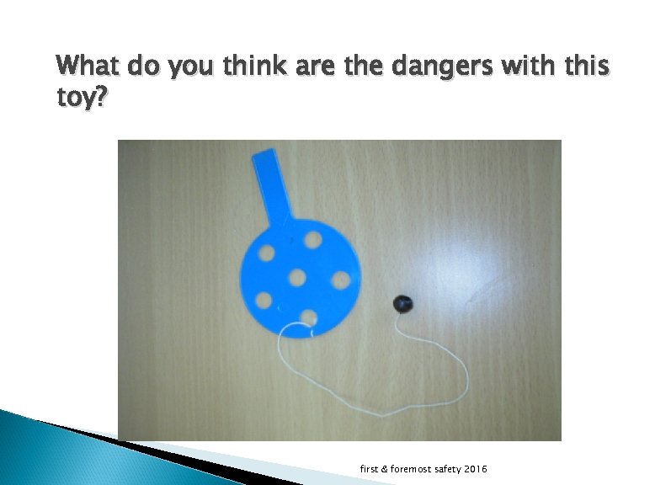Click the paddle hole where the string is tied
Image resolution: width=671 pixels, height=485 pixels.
(309, 317)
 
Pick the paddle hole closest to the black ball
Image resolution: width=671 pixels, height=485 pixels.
(341, 278)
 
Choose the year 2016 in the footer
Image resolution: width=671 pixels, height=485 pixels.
(474, 468)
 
